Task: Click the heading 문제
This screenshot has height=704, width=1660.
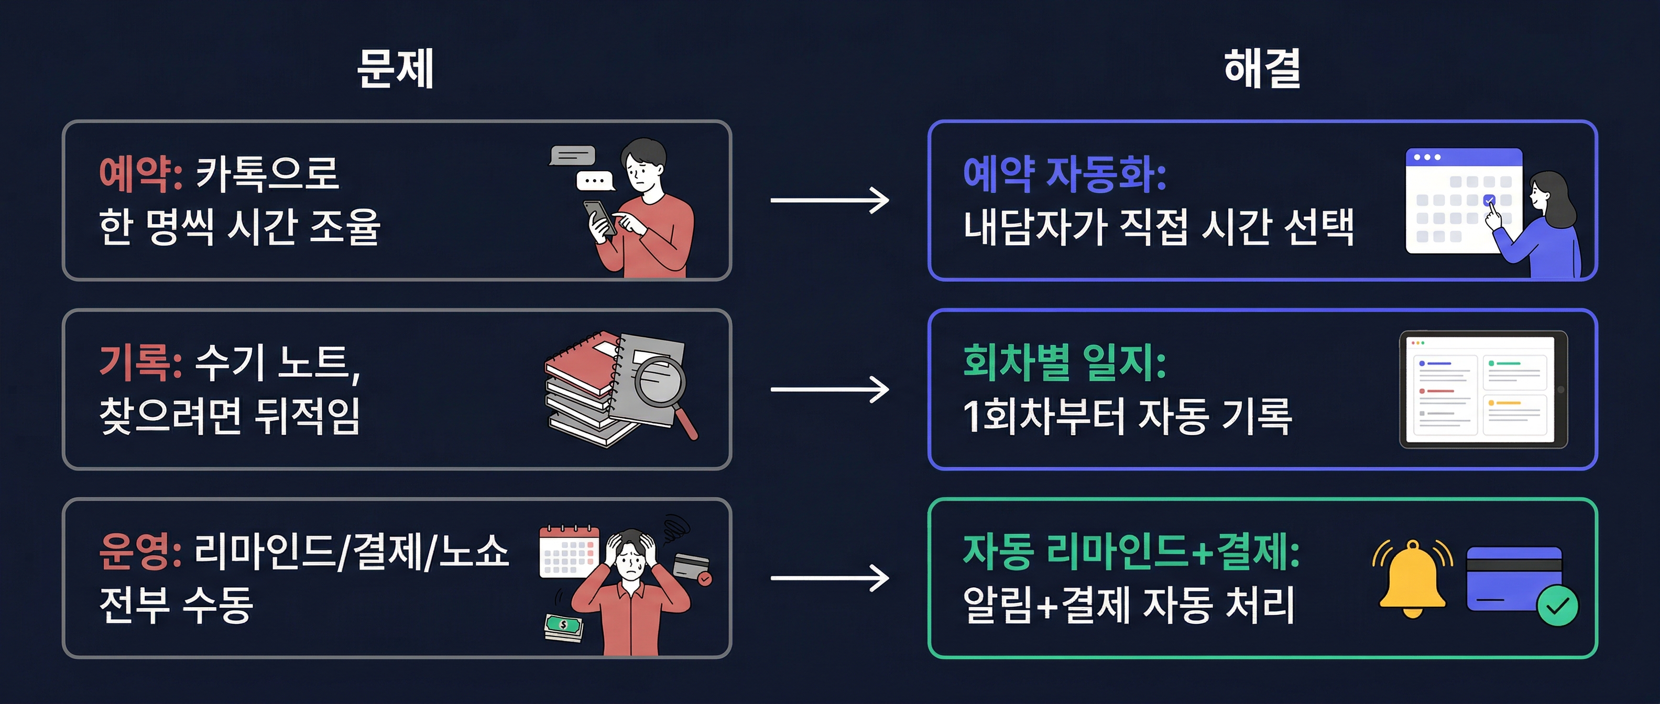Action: coord(395,68)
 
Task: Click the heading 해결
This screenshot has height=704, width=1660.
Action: coord(1261,68)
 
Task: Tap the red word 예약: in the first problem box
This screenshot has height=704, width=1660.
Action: coord(140,174)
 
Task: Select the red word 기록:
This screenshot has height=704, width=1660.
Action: coord(140,362)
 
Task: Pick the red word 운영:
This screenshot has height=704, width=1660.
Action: coord(140,552)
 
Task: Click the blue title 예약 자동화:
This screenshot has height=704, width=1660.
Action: coord(1064,174)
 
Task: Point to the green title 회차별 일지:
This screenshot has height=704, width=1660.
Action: coord(1064,362)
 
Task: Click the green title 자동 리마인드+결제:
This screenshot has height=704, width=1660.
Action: coord(1131,552)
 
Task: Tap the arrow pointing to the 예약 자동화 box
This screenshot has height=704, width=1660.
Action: coord(829,200)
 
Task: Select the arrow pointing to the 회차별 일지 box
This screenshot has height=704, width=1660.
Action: coord(829,390)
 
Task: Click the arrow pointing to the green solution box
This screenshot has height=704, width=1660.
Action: coord(829,578)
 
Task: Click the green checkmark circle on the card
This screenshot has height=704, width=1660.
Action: coord(1557,606)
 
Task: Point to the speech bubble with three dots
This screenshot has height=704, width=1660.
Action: coord(594,181)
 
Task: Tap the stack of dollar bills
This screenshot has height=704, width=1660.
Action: coord(563,626)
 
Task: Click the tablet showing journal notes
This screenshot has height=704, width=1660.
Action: coord(1483,390)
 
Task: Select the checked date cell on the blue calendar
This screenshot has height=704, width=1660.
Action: coord(1489,200)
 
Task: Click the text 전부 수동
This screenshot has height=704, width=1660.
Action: coord(176,606)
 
